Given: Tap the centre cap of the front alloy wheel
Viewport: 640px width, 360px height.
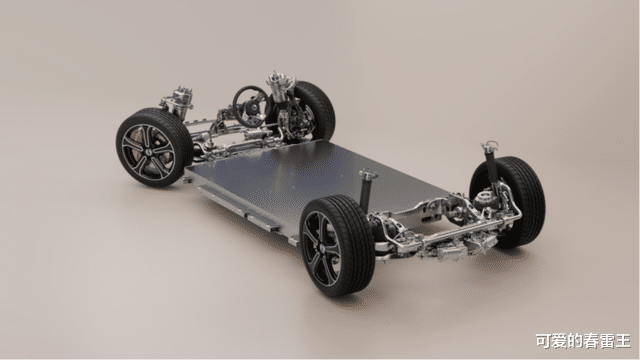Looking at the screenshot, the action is [x=147, y=151].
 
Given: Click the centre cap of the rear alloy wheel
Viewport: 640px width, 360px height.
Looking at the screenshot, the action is [x=321, y=248].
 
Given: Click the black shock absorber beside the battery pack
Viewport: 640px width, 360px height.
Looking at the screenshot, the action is [x=366, y=191].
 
